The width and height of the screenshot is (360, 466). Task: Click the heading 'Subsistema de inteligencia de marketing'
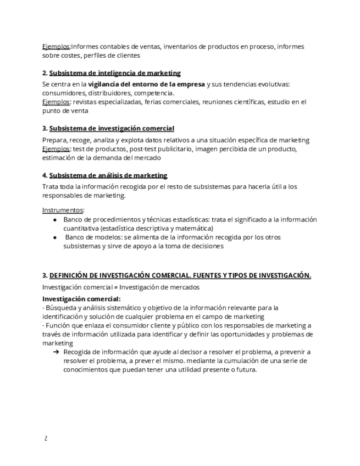click(115, 73)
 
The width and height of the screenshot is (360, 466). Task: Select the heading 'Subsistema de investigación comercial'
click(112, 129)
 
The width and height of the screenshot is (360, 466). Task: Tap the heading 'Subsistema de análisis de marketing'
click(108, 175)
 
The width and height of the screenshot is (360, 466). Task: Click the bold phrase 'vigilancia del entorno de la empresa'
click(147, 84)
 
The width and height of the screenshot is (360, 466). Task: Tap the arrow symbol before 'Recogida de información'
click(56, 352)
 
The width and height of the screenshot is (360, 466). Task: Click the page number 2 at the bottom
click(45, 438)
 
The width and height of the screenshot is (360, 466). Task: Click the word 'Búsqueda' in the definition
click(60, 308)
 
